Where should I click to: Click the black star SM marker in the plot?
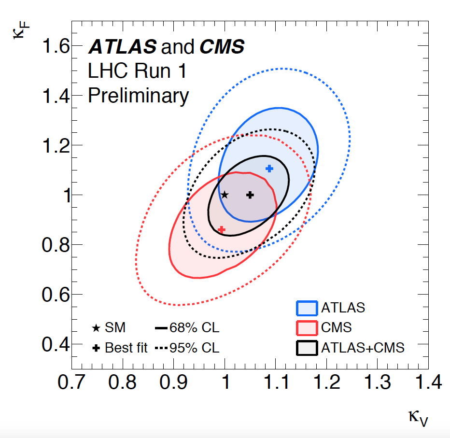coord(225,195)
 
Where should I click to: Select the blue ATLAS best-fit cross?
coord(269,169)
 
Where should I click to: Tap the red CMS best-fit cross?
coord(222,229)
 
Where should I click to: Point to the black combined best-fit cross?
coord(250,195)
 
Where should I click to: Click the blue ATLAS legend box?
coord(306,308)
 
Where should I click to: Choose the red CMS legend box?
coord(306,327)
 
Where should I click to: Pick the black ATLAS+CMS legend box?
coord(306,347)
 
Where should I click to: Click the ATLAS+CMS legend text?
coord(363,347)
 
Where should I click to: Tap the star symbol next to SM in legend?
coord(96,328)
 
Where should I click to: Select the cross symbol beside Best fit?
coord(96,348)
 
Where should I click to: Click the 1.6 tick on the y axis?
coord(56,47)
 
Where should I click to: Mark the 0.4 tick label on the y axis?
coord(56,344)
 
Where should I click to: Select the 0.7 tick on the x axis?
coord(71,382)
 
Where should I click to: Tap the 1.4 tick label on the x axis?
coord(428,382)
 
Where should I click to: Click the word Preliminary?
coord(138,96)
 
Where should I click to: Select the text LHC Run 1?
coord(137,71)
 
